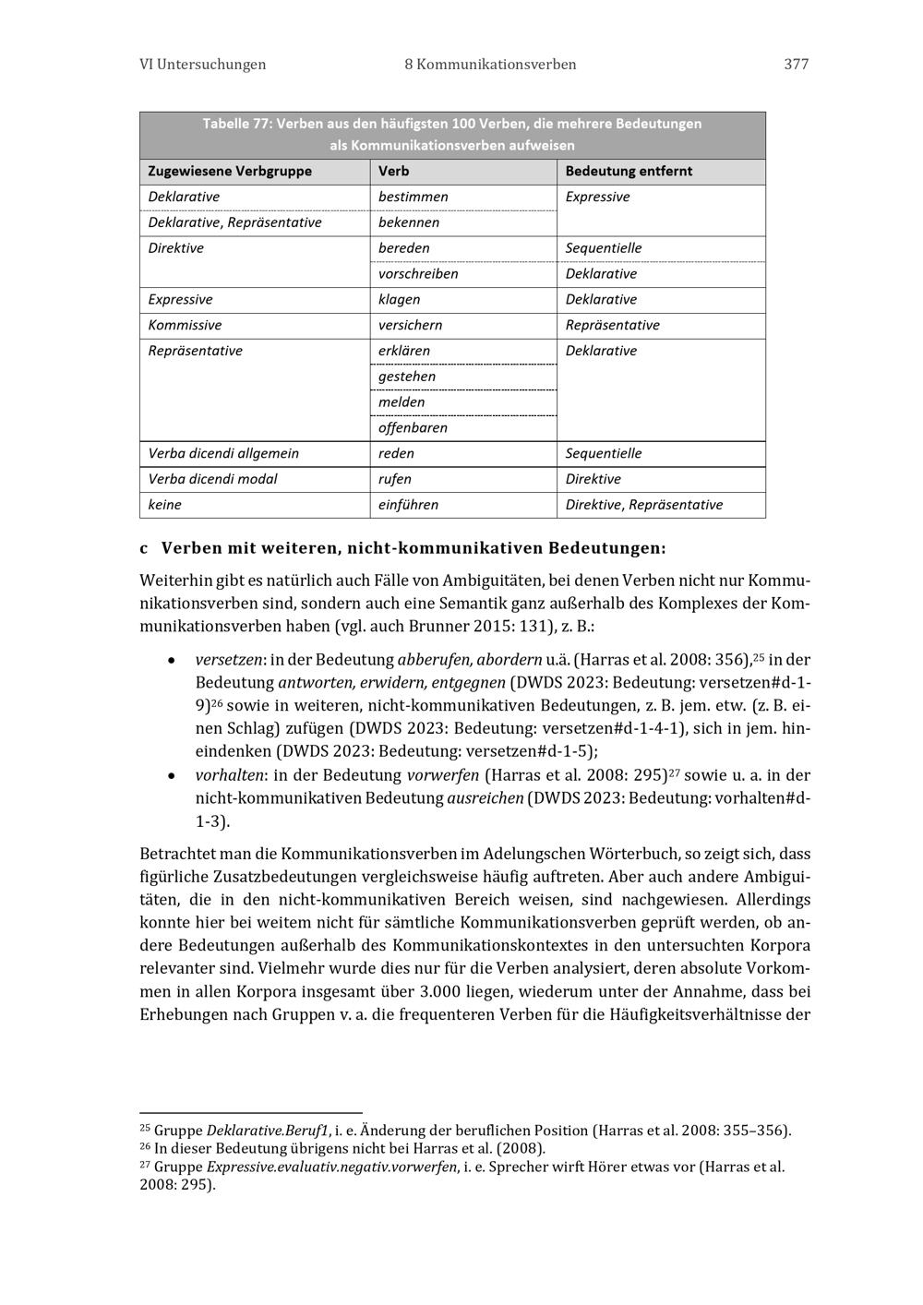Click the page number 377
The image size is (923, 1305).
[x=796, y=65]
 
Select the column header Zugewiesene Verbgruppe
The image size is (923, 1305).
[x=230, y=172]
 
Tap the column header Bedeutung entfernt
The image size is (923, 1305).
[x=629, y=172]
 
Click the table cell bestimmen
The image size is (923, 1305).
[x=414, y=198]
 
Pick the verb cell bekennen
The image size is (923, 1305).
[x=409, y=223]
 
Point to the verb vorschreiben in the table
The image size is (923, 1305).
[x=418, y=274]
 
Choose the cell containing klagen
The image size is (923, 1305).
[x=399, y=300]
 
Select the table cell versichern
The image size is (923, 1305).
[x=410, y=326]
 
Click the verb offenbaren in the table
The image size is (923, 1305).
[x=413, y=428]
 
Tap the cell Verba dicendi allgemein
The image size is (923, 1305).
[x=223, y=454]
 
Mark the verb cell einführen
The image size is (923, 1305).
[x=408, y=505]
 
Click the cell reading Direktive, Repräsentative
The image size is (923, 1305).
[x=644, y=505]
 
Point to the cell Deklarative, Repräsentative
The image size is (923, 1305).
[x=234, y=223]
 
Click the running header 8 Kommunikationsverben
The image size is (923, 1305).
[x=490, y=65]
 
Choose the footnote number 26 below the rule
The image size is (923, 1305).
[x=145, y=1147]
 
